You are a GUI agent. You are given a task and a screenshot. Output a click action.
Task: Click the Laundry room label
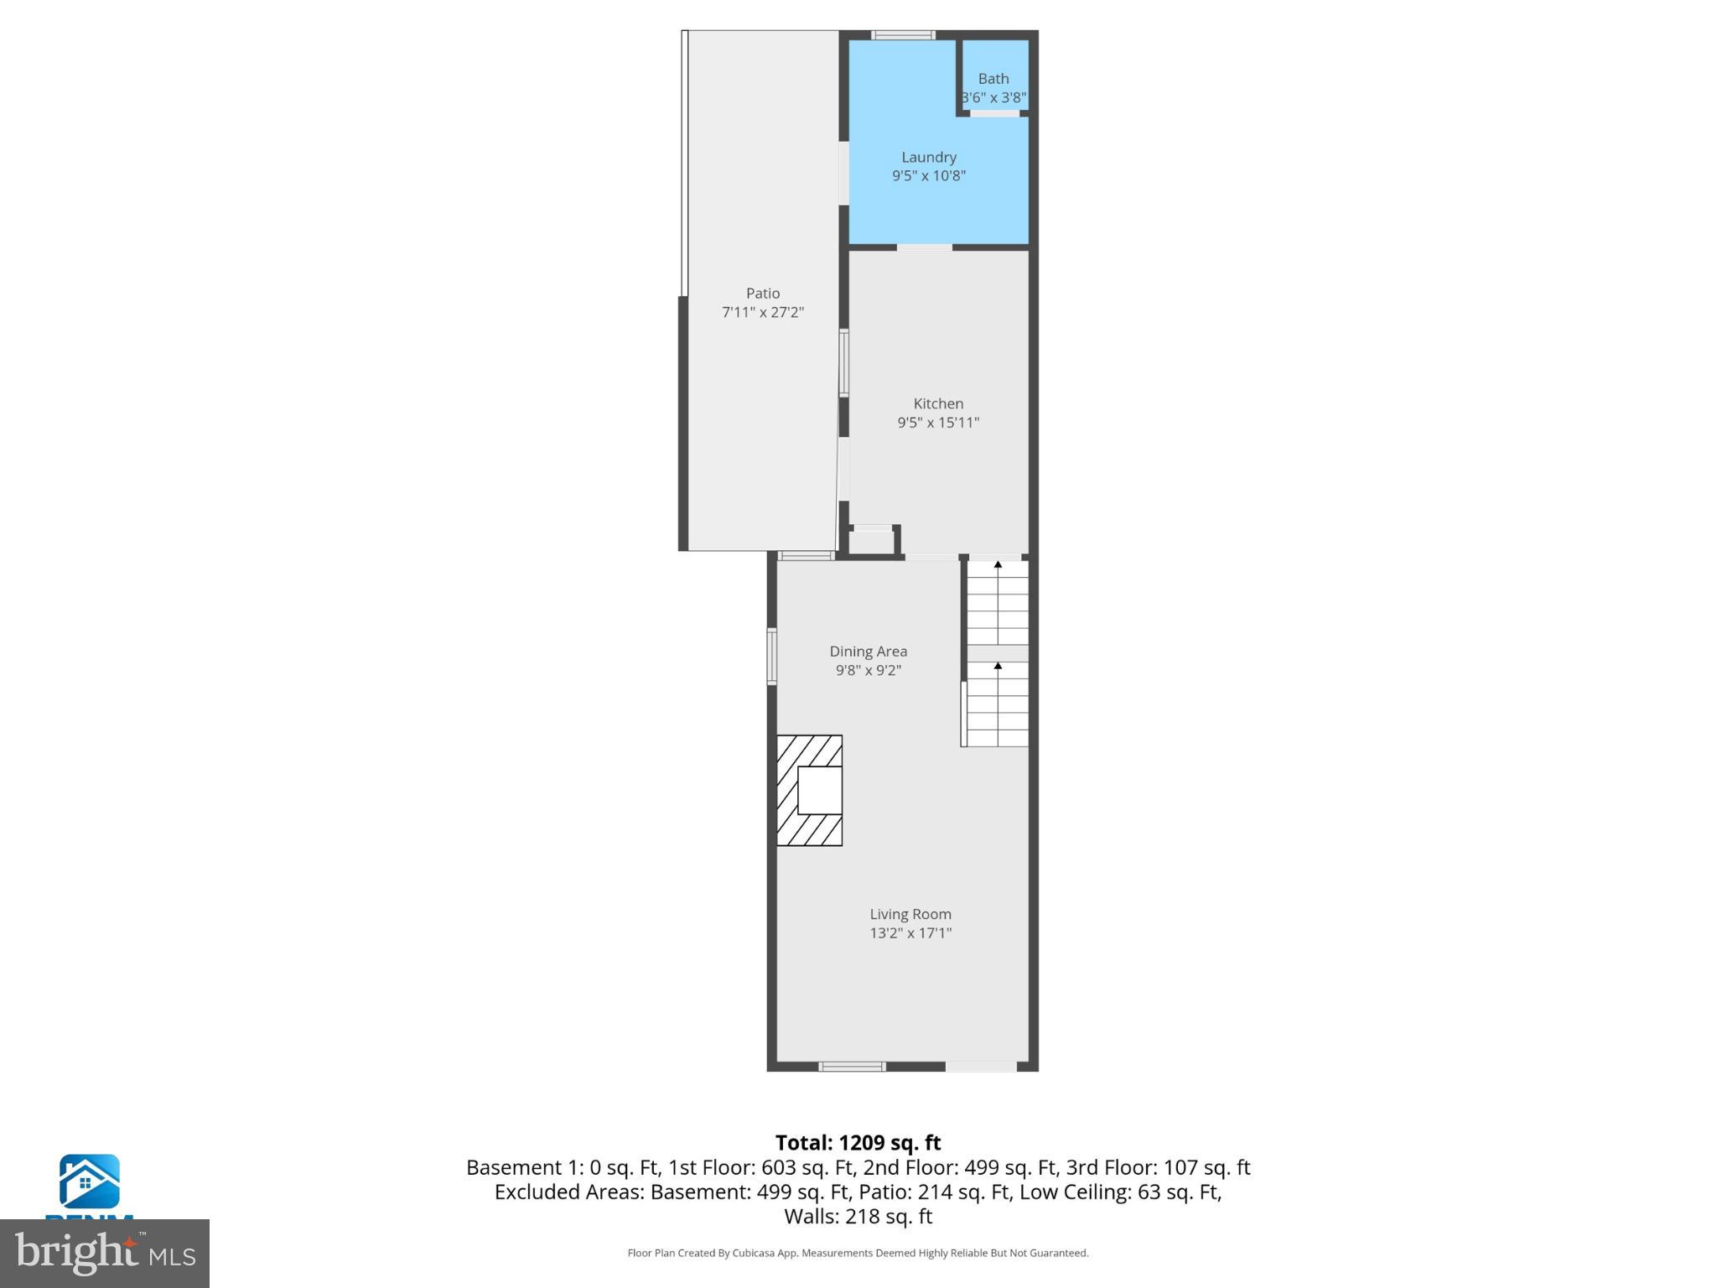(x=928, y=157)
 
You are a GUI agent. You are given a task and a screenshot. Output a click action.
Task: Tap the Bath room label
(x=993, y=79)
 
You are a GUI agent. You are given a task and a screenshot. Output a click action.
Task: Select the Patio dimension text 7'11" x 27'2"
(x=762, y=313)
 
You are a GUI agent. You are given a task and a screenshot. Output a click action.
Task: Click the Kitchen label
(x=938, y=403)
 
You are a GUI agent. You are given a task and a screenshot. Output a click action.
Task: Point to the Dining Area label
(x=868, y=652)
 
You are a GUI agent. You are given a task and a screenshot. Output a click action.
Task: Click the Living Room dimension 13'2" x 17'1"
(x=910, y=933)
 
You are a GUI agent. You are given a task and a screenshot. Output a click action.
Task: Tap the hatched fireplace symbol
(x=809, y=790)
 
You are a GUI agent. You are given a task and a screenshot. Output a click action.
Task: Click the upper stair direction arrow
(x=998, y=566)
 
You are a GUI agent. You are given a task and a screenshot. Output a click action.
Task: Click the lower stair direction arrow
(x=998, y=667)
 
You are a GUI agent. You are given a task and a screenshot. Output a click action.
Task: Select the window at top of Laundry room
(x=903, y=35)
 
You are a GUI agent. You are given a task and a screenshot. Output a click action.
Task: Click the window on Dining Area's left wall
(x=772, y=657)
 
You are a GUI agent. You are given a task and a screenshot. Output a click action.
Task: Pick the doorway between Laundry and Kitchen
(x=924, y=247)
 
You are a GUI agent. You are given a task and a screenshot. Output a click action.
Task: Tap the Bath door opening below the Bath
(x=995, y=113)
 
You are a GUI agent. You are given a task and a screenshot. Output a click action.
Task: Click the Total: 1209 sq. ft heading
(x=858, y=1143)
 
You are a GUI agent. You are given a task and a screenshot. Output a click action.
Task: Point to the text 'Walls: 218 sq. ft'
(x=858, y=1216)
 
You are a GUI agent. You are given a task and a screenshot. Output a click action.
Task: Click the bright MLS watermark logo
(x=105, y=1254)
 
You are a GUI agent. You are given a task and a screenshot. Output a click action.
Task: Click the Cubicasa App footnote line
(x=858, y=1253)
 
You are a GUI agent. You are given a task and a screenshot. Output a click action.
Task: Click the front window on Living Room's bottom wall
(x=852, y=1067)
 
